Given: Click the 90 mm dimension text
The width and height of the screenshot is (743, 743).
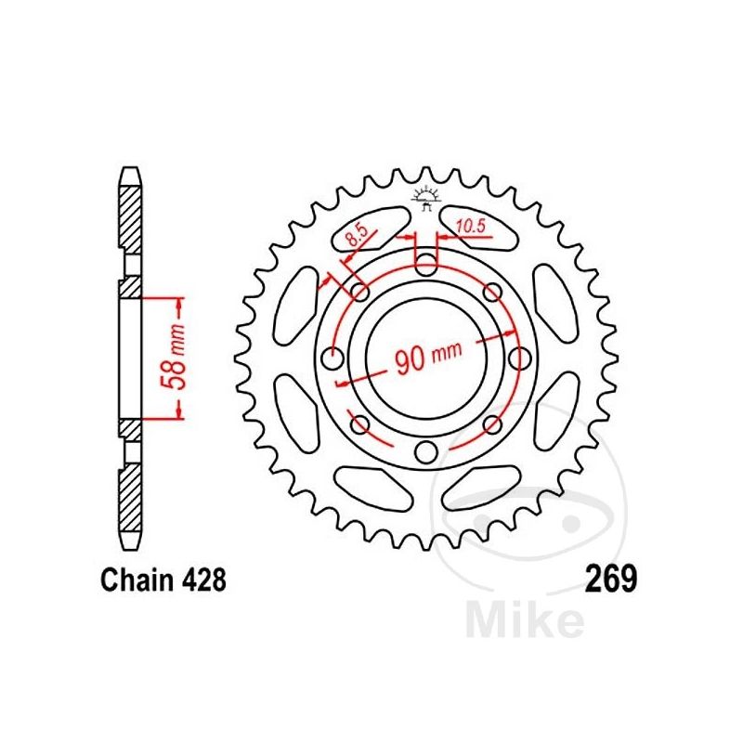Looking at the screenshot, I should tap(428, 358).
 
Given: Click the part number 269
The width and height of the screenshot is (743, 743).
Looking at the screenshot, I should tap(610, 580).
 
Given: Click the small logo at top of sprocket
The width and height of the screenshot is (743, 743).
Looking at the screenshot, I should tap(426, 197).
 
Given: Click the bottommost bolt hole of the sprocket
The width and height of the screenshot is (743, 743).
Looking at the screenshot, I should tap(426, 452).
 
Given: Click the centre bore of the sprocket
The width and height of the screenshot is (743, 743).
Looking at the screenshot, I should tap(426, 358).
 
